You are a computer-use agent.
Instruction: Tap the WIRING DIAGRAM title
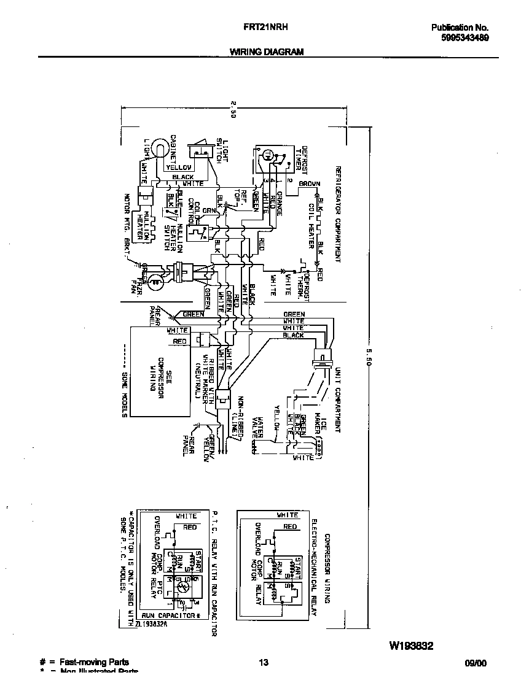point(267,52)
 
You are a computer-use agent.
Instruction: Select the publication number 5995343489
point(464,37)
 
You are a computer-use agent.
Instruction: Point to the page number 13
point(264,662)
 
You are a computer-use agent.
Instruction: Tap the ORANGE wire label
point(278,203)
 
